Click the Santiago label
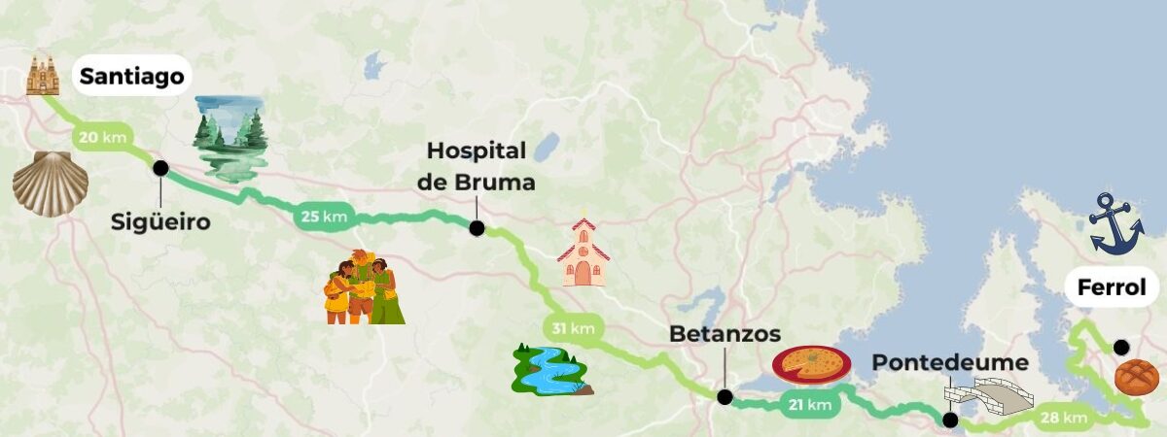click(x=131, y=77)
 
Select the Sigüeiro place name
click(x=159, y=222)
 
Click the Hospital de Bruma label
click(x=477, y=166)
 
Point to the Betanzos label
click(x=725, y=334)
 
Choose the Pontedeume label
click(x=949, y=363)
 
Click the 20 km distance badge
click(x=101, y=137)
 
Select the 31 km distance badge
click(x=573, y=328)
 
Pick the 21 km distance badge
click(x=809, y=405)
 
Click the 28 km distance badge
click(x=1063, y=418)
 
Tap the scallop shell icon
click(x=50, y=183)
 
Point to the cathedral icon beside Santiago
click(x=43, y=76)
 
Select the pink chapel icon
click(x=583, y=252)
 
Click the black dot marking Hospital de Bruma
click(x=477, y=228)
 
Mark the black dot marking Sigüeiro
click(x=160, y=168)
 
